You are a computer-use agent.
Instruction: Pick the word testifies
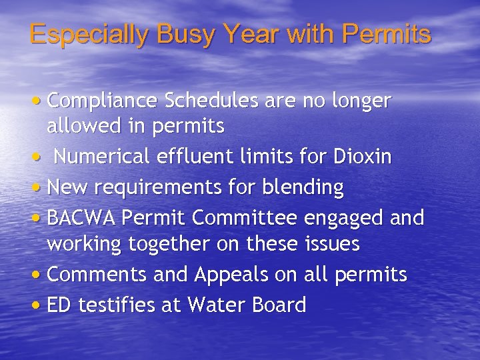pos(117,305)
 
